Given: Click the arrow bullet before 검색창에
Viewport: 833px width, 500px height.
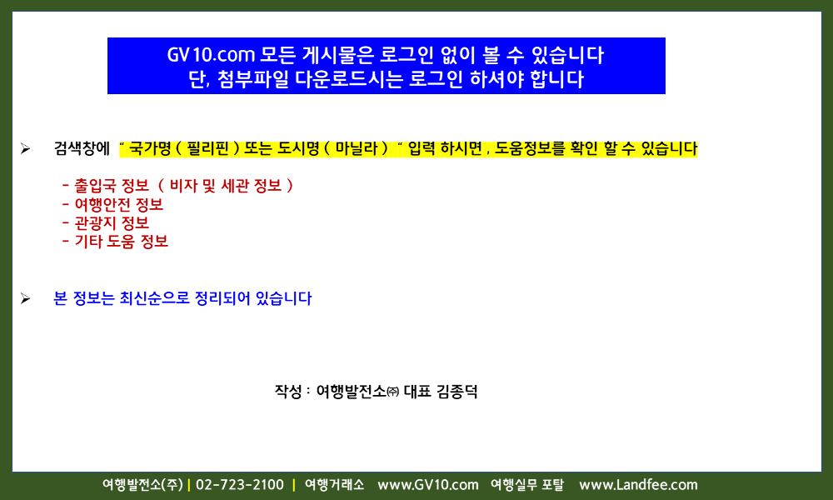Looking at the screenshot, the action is pos(25,149).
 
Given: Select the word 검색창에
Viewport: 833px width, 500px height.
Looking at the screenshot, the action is pos(82,148).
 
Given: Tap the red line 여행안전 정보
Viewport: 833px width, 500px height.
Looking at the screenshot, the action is pos(112,204).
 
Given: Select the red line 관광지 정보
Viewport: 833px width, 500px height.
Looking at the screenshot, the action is pos(106,223).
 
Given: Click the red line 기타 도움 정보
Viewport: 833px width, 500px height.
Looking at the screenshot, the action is pos(115,242).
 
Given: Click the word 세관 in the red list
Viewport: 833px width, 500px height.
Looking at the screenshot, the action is pos(235,186).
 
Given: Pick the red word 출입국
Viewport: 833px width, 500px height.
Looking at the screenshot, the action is pos(95,186).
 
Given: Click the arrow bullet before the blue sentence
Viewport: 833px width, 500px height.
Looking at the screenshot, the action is pos(25,298).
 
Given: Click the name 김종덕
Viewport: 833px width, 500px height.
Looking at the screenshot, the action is pos(456,392).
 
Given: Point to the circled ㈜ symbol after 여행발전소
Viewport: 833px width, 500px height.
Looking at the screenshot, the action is pos(392,392).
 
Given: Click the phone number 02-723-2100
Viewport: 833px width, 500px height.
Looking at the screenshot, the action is pos(240,485).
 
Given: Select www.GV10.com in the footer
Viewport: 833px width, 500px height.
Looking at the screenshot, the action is pos(427,485).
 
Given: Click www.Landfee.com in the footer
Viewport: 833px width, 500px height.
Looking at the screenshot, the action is pos(638,485).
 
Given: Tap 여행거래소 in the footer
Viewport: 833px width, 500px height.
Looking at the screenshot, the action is pos(335,485).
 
